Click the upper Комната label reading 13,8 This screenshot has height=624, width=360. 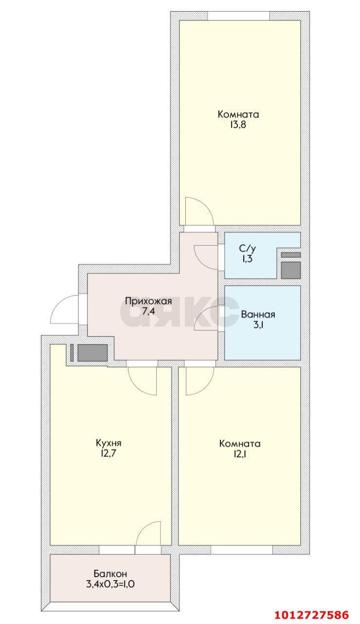(238, 115)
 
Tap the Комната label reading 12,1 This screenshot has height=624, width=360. (240, 444)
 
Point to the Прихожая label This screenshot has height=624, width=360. (148, 301)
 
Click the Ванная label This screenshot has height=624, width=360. (258, 314)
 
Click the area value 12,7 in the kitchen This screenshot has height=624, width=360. (108, 454)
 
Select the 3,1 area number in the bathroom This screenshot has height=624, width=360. (258, 325)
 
